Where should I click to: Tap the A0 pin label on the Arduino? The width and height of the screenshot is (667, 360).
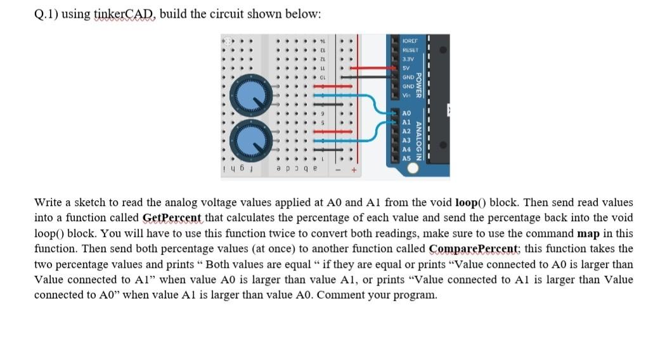click(407, 112)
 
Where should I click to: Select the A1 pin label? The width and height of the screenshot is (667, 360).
click(407, 121)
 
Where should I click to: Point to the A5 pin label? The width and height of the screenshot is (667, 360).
click(407, 158)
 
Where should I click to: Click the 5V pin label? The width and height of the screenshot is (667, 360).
click(406, 66)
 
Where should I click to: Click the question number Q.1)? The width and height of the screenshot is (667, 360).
click(46, 14)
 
